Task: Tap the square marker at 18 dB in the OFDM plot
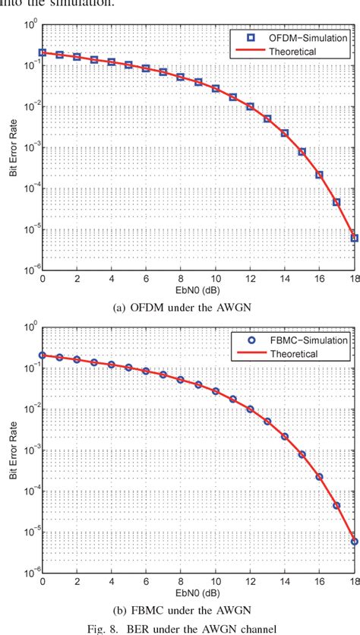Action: coord(354,238)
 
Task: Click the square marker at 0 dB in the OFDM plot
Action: coord(43,53)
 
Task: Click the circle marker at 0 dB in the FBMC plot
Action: coord(43,355)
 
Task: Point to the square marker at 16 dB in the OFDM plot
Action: coord(319,175)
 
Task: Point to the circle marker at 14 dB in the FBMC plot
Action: coord(285,437)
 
